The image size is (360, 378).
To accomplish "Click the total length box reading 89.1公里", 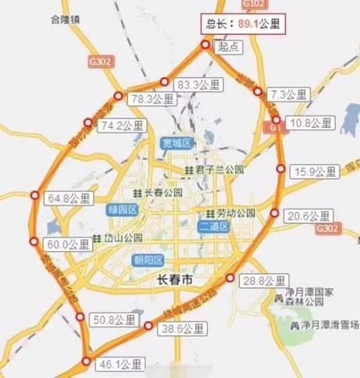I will (243, 24).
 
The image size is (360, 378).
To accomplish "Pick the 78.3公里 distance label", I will (151, 99).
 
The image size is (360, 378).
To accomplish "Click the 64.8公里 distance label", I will (67, 199).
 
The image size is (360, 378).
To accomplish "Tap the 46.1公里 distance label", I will (121, 364).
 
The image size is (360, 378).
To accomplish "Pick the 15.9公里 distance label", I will (312, 171).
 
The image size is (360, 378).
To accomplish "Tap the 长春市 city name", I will (175, 280).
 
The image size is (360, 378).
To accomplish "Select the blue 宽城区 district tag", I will (178, 143).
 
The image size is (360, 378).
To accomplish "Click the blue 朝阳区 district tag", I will (147, 260).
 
